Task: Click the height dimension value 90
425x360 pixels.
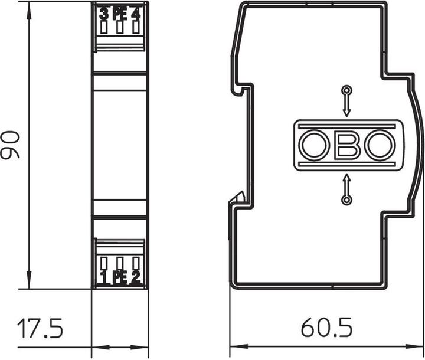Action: coord(11,145)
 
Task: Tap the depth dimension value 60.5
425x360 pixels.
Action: coord(326,329)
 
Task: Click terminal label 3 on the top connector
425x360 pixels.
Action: coord(104,12)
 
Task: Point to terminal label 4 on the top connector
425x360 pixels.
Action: coord(136,12)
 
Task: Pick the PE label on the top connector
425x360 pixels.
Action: coord(120,12)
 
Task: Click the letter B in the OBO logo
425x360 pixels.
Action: coord(346,145)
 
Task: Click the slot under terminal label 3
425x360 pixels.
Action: coord(104,27)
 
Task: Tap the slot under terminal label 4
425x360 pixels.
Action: coord(136,27)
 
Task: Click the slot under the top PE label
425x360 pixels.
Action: coord(120,27)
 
